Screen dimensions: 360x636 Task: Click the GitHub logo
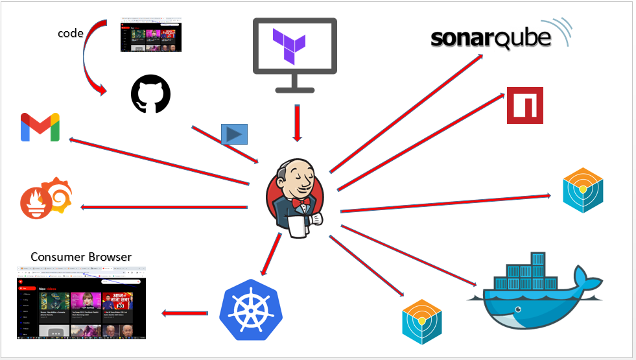[x=151, y=94]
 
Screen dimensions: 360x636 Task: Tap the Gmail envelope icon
[x=40, y=127]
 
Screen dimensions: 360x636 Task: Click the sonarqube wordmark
[x=491, y=38]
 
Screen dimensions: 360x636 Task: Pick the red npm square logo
[x=525, y=105]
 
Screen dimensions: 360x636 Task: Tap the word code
[x=71, y=33]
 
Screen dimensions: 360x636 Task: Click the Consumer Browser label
[x=81, y=257]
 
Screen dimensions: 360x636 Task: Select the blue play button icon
[x=234, y=134]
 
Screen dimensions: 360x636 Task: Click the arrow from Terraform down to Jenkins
[x=297, y=123]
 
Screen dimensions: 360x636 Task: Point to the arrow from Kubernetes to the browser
[x=185, y=314]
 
